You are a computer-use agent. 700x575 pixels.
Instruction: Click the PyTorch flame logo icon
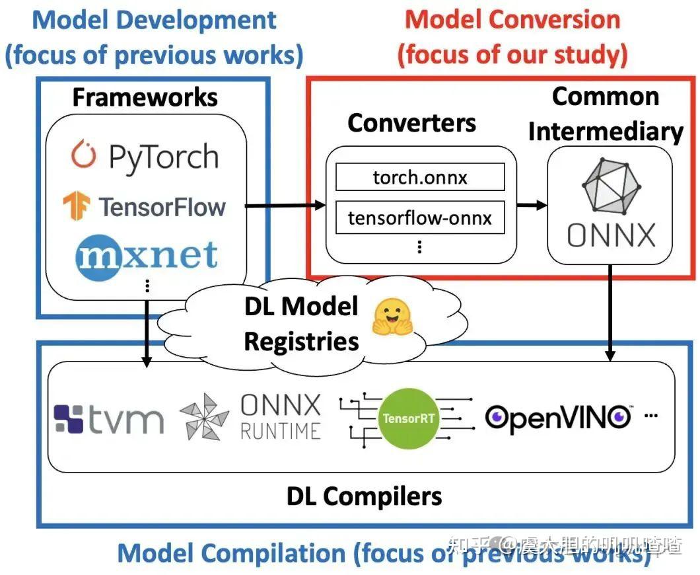(x=84, y=155)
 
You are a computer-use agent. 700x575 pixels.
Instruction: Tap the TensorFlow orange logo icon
(x=77, y=206)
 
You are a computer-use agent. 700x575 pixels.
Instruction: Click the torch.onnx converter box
(x=420, y=177)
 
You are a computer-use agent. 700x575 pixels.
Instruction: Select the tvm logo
(x=109, y=418)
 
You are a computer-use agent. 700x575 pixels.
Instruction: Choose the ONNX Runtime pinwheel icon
(x=205, y=417)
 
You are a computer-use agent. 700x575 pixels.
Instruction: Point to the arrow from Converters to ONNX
(x=532, y=205)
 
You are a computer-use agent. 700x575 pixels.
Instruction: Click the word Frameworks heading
(x=145, y=97)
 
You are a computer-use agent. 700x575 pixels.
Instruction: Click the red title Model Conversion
(x=512, y=19)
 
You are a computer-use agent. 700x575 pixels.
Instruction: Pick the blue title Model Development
(x=155, y=19)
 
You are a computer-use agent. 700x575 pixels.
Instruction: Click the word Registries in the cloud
(x=301, y=341)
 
